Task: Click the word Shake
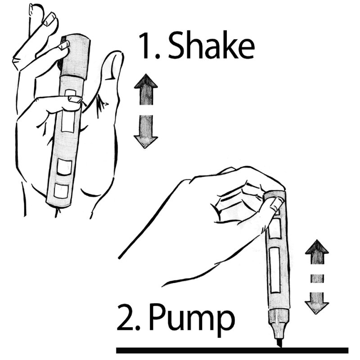(x=211, y=45)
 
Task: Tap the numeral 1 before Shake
(x=145, y=45)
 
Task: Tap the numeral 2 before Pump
(x=126, y=318)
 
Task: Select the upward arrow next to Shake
(x=146, y=90)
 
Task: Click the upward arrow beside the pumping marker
(x=317, y=252)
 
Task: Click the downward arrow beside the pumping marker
(x=317, y=303)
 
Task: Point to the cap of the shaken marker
(x=75, y=58)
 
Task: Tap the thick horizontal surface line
(x=232, y=351)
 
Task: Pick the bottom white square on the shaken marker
(x=61, y=191)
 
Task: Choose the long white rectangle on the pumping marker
(x=275, y=270)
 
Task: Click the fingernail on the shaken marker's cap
(x=63, y=45)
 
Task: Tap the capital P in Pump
(x=158, y=318)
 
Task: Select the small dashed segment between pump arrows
(x=317, y=278)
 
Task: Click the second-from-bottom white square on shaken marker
(x=64, y=167)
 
